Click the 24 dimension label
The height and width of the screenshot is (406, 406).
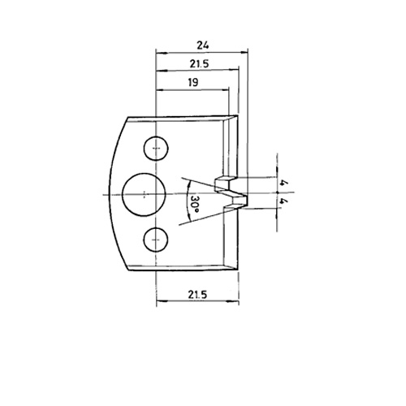203,45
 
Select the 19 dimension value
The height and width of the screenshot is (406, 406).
193,82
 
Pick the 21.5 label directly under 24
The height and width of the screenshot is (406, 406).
199,64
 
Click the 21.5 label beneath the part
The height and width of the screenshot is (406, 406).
197,294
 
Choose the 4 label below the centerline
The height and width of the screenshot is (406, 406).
283,201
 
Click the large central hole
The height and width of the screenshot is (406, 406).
144,195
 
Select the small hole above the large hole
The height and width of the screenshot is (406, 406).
156,149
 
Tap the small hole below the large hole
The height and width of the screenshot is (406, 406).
156,240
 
